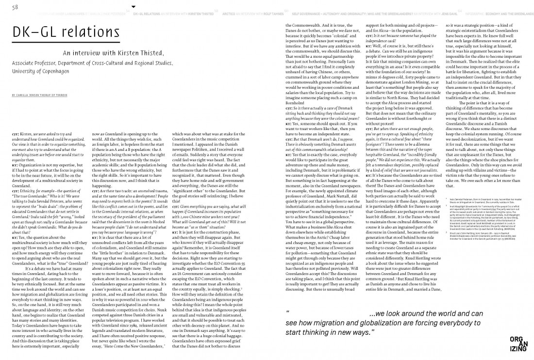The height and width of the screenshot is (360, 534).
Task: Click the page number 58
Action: pos(15,6)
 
